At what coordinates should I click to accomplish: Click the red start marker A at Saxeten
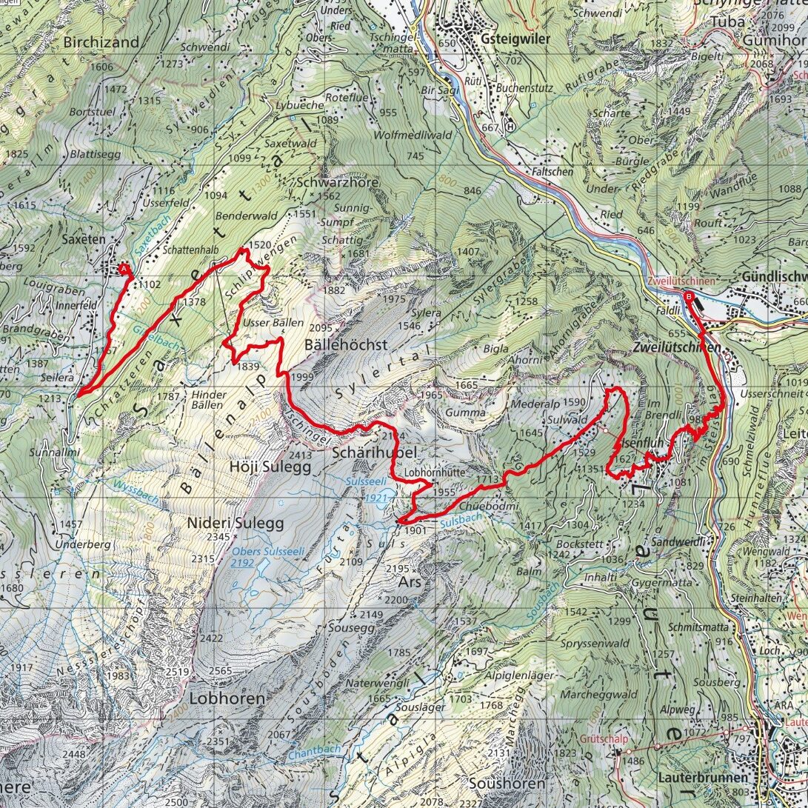(x=123, y=268)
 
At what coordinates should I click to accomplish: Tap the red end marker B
(x=690, y=297)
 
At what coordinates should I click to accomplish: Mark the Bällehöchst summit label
(x=346, y=344)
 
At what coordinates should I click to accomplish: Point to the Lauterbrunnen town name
(x=702, y=778)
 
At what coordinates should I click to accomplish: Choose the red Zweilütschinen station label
(x=681, y=281)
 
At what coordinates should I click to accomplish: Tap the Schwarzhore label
(x=338, y=182)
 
